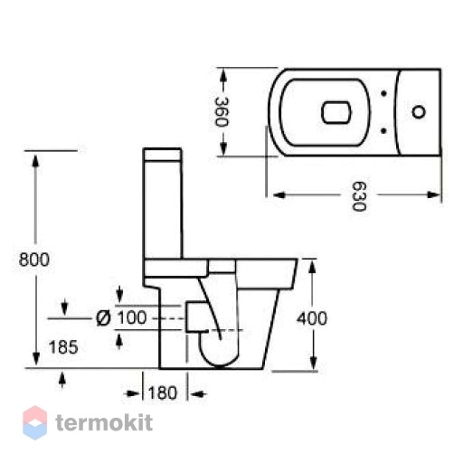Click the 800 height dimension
pyautogui.click(x=34, y=260)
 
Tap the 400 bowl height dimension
pyautogui.click(x=312, y=318)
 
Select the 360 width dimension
pyautogui.click(x=222, y=112)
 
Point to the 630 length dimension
pyautogui.click(x=359, y=196)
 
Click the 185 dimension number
pyautogui.click(x=63, y=347)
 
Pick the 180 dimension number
pyautogui.click(x=163, y=393)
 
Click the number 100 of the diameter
pyautogui.click(x=132, y=317)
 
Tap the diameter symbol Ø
pyautogui.click(x=103, y=318)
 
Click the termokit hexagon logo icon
pyautogui.click(x=35, y=422)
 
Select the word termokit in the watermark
pyautogui.click(x=104, y=422)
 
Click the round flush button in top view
pyautogui.click(x=419, y=112)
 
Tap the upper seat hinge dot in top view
pyautogui.click(x=383, y=93)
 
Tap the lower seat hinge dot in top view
pyautogui.click(x=383, y=130)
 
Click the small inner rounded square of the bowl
pyautogui.click(x=336, y=112)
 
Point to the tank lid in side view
pyautogui.click(x=163, y=154)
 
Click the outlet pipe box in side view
pyautogui.click(x=197, y=317)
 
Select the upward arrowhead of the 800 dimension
pyautogui.click(x=36, y=161)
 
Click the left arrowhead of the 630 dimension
pyautogui.click(x=279, y=195)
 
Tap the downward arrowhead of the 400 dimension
pyautogui.click(x=314, y=363)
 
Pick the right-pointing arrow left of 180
pyautogui.click(x=132, y=393)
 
